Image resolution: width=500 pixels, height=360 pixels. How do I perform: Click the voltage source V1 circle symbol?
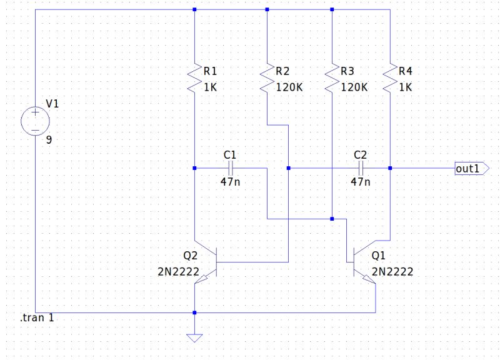coord(35,121)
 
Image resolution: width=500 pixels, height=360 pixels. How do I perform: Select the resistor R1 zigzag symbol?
coord(195,79)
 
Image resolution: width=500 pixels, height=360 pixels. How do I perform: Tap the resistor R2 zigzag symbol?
coord(267,79)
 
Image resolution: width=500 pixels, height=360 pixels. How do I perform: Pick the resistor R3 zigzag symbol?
coord(332,79)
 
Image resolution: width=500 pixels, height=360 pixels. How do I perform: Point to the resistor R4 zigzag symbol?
coord(390,79)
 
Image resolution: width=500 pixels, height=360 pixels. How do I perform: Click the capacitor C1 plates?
coord(231,168)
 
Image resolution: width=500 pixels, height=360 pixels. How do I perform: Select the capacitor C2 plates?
coord(361,168)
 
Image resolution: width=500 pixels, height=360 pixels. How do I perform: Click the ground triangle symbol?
coord(195,338)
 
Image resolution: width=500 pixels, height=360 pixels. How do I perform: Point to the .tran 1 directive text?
coord(37,319)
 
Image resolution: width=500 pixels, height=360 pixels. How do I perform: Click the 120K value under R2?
coord(289,87)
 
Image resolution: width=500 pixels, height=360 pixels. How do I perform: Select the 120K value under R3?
coord(354,87)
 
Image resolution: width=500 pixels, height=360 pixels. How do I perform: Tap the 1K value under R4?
coord(405,87)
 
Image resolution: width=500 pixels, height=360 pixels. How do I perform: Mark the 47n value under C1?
coord(230,182)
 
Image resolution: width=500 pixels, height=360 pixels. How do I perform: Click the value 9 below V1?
coord(48,140)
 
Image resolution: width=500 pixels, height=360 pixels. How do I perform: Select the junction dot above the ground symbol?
coord(195,312)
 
